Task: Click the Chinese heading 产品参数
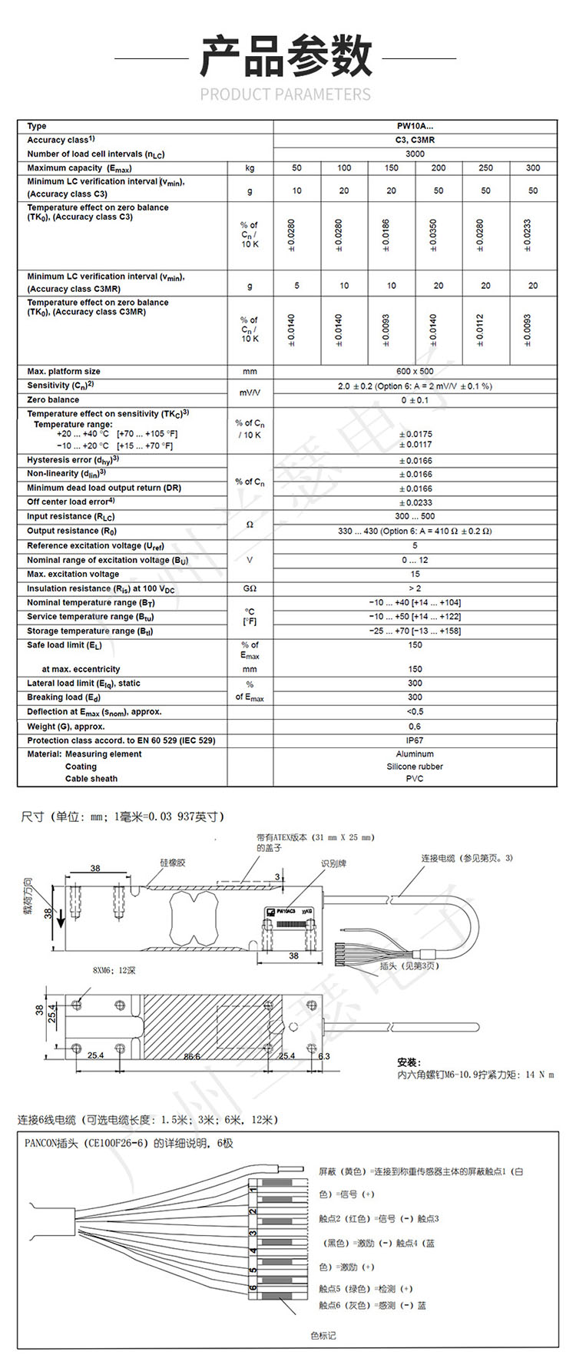coord(286,57)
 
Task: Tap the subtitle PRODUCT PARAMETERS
coord(286,94)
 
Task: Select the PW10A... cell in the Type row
coord(415,126)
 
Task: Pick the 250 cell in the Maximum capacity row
coord(485,167)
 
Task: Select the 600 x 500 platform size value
coord(415,372)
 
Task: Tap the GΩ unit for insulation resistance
coord(250,588)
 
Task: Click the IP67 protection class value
coord(415,740)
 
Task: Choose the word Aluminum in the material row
coord(415,754)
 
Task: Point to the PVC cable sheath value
coord(415,779)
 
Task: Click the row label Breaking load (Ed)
coord(64,697)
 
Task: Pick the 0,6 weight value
coord(415,727)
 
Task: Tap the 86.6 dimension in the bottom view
coord(192,1056)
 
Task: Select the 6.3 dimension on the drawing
coord(324,1056)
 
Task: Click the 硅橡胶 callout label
coord(173,863)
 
